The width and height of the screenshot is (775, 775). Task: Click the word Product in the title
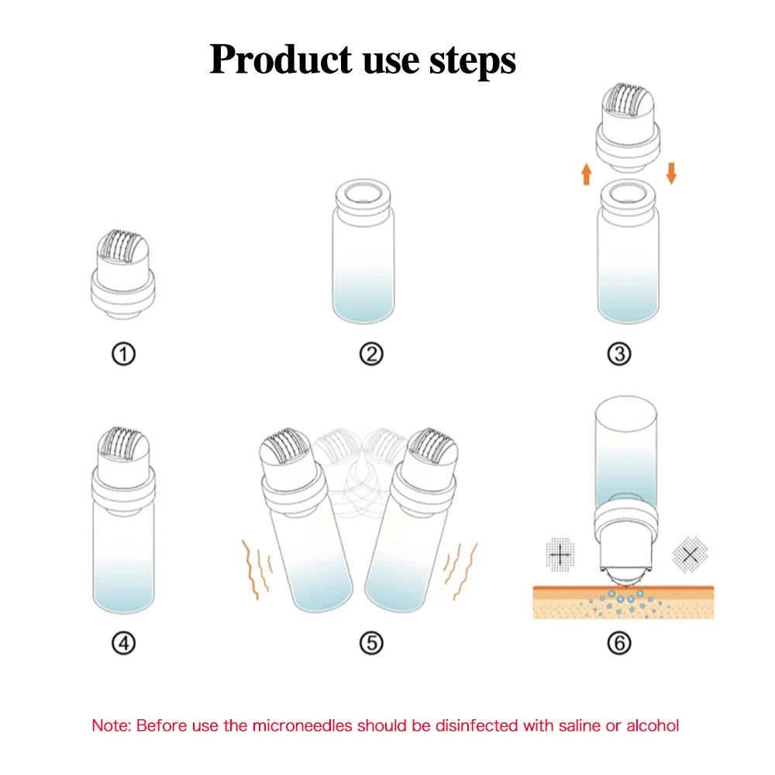[x=281, y=60]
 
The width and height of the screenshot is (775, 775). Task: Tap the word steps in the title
[x=473, y=61]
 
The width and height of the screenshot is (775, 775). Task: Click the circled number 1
[x=123, y=354]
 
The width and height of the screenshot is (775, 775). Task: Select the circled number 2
[x=371, y=354]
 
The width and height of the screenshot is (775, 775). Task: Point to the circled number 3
[x=618, y=354]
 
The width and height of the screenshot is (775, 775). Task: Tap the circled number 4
[x=123, y=643]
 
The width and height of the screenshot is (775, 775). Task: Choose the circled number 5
[x=371, y=643]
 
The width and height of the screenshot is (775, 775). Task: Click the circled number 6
[x=618, y=643]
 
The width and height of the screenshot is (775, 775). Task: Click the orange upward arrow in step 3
[x=587, y=174]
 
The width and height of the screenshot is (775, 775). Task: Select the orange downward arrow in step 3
[x=671, y=174]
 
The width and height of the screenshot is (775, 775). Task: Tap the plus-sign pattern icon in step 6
[x=560, y=555]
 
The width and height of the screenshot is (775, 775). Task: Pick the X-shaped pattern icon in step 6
[x=690, y=555]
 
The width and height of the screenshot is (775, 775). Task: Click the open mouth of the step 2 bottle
[x=363, y=192]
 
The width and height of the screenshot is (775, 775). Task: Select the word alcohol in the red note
[x=653, y=725]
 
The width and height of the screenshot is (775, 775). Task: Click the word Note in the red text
[x=111, y=725]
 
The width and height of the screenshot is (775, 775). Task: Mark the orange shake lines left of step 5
[x=257, y=570]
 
